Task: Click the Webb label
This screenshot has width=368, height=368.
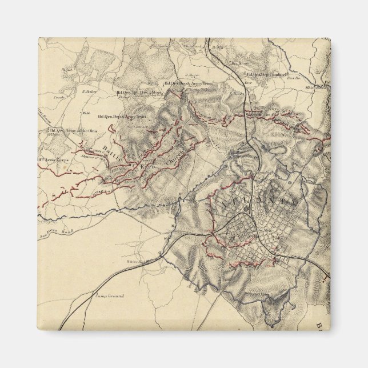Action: pos(86,113)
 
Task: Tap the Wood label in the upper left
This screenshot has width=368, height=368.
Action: pos(66,69)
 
